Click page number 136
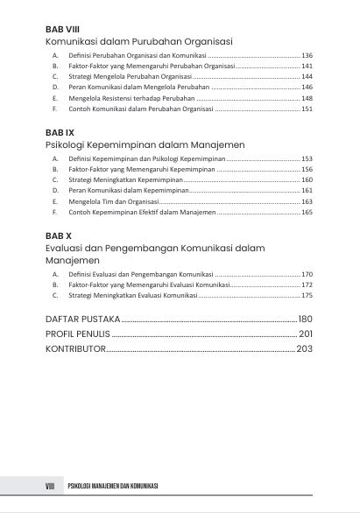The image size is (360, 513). (x=307, y=55)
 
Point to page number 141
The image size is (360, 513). (x=307, y=66)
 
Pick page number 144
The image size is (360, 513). (x=307, y=77)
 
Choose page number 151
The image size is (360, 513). (x=307, y=109)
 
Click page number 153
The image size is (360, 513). (x=307, y=158)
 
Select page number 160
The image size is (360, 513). (x=307, y=179)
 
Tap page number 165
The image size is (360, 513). (x=307, y=212)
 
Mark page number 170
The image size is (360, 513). (x=307, y=274)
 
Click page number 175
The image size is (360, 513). (x=307, y=296)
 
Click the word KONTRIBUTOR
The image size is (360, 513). (x=75, y=348)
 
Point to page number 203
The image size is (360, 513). (x=304, y=348)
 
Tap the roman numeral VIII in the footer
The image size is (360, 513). (x=50, y=486)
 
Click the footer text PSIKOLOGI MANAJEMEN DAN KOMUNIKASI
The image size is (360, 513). (x=114, y=486)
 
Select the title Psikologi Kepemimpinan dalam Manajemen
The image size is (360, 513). (x=145, y=144)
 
